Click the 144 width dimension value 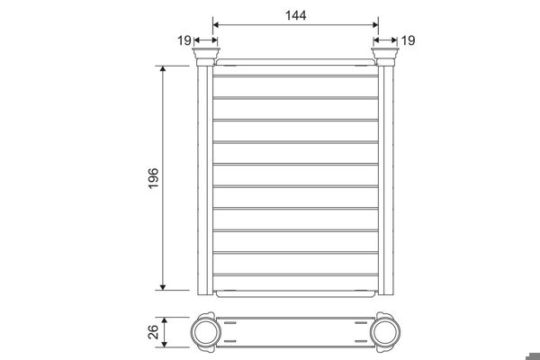[x=295, y=15]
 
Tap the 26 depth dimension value [x=152, y=332]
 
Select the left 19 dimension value [x=184, y=40]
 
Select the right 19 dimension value [x=408, y=40]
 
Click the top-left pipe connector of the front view [x=204, y=59]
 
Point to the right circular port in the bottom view [x=388, y=332]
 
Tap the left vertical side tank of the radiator [x=204, y=180]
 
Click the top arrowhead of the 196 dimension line [x=163, y=69]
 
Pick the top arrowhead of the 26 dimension [x=164, y=320]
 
